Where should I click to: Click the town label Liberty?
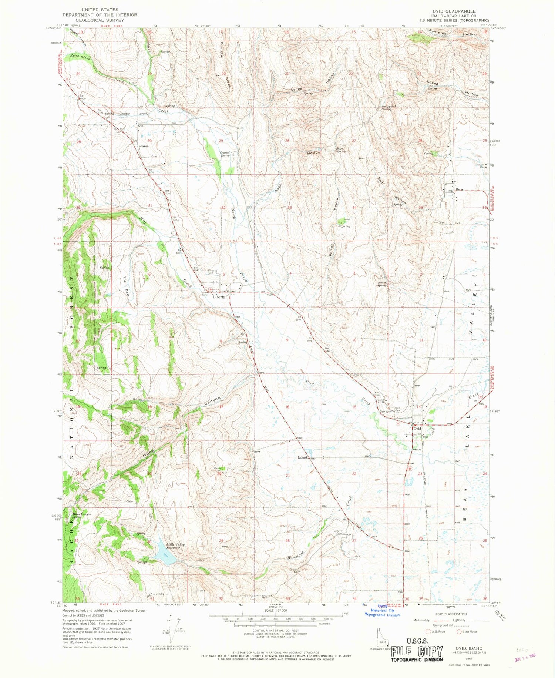(219, 297)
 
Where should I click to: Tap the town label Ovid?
(417, 429)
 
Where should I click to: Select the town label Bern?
(459, 189)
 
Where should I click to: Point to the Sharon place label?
(144, 146)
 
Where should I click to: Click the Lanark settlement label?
(303, 458)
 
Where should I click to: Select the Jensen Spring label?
(382, 284)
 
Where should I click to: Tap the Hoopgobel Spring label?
(387, 108)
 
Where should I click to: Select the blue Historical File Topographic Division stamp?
(383, 612)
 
